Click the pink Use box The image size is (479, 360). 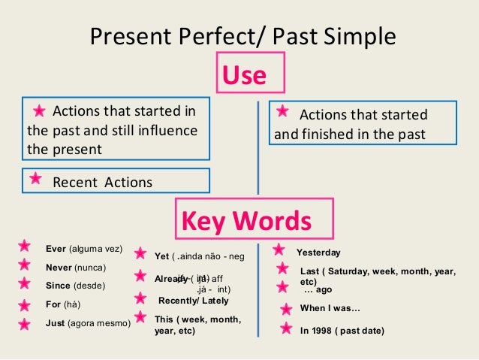click(x=250, y=75)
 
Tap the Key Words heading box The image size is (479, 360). click(x=253, y=221)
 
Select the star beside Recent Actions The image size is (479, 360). click(x=35, y=179)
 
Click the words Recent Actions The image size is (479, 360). click(x=102, y=182)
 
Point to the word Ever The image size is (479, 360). click(x=56, y=249)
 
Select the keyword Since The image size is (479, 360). click(x=59, y=286)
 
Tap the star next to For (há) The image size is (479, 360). click(x=25, y=304)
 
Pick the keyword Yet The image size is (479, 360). click(x=161, y=256)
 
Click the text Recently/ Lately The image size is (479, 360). click(x=194, y=301)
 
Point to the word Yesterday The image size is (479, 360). click(x=318, y=253)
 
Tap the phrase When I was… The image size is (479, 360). click(x=330, y=309)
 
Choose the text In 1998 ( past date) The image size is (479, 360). click(x=342, y=330)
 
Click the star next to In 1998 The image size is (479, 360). click(x=285, y=328)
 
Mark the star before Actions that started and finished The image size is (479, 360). click(x=282, y=111)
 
